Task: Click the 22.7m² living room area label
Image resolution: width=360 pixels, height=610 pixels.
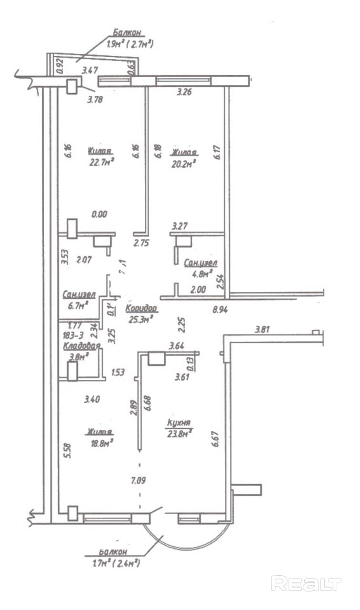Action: [x=100, y=162]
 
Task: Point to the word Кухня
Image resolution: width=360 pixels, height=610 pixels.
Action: [x=179, y=422]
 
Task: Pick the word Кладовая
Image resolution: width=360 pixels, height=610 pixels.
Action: [x=81, y=346]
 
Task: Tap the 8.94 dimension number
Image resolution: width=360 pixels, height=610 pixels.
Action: [x=220, y=309]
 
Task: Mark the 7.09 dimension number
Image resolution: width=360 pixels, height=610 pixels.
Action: [x=138, y=480]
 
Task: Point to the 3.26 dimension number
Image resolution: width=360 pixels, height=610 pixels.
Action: [x=184, y=92]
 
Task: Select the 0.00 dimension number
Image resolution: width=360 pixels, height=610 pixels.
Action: [x=99, y=214]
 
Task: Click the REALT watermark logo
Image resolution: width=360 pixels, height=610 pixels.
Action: [x=306, y=584]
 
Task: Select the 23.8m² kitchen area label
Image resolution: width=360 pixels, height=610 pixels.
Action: [x=180, y=433]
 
